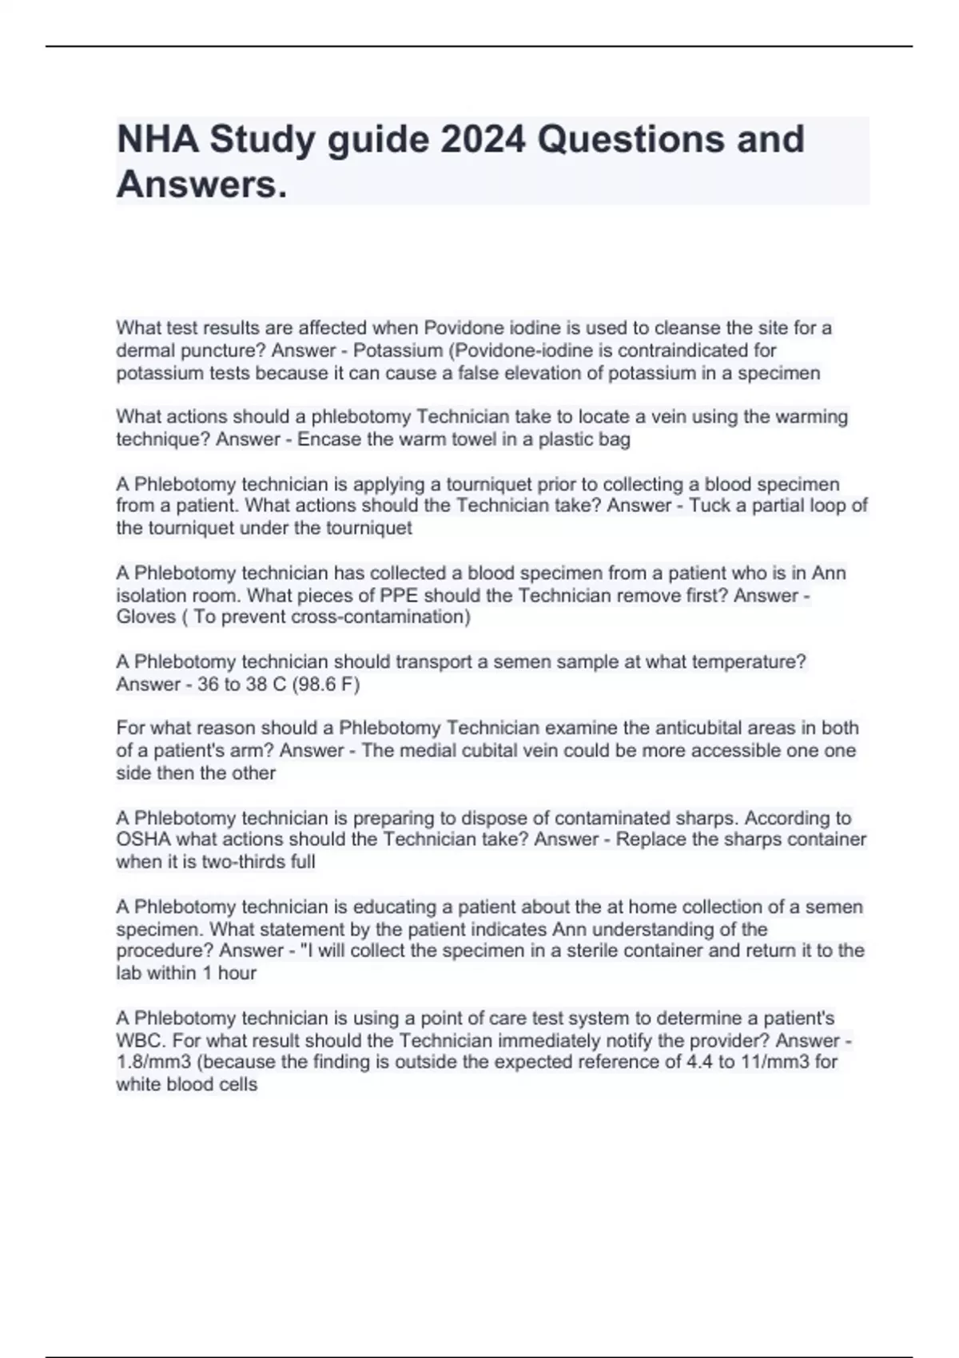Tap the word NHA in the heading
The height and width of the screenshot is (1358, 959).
157,139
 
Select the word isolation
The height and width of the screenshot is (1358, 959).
152,595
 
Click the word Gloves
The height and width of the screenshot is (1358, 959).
145,617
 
